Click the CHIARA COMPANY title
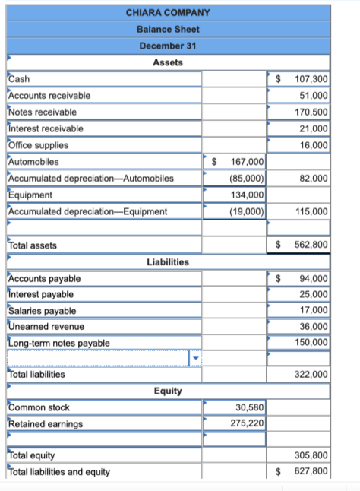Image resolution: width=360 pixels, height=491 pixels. pos(168,12)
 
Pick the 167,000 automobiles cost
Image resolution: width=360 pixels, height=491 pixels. pos(246,162)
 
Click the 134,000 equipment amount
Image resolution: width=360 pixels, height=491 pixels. pos(246,195)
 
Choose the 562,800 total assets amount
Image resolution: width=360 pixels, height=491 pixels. pos(311,245)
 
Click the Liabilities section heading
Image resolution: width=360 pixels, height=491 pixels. pos(168,261)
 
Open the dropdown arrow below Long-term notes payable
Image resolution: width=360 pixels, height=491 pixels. pos(195,358)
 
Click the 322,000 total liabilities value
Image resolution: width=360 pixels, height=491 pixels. pos(311,374)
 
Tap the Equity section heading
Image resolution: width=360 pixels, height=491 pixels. pos(168,391)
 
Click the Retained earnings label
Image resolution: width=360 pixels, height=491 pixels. pos(45,423)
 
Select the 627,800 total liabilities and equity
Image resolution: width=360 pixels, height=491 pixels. pos(311,471)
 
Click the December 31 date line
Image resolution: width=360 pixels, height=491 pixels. pos(168,46)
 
